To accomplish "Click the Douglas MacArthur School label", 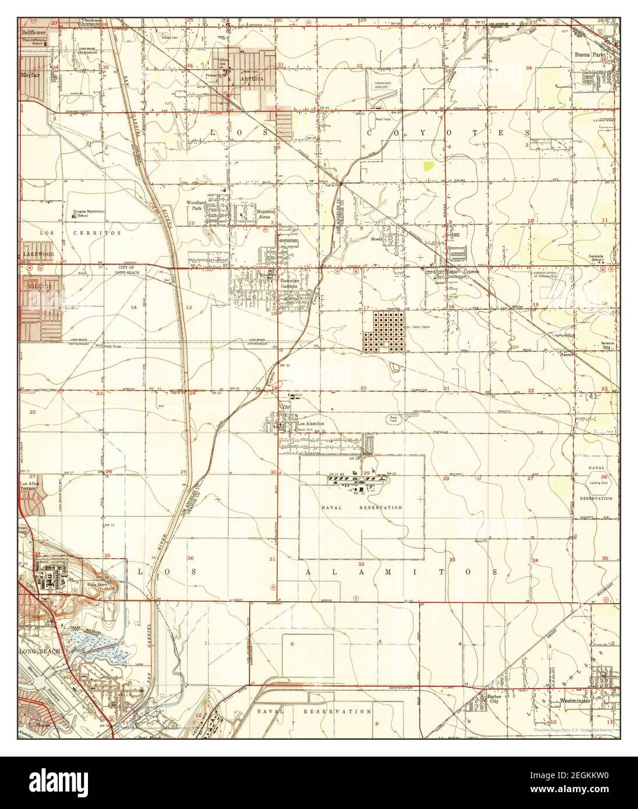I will (x=89, y=213).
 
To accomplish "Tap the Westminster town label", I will (x=572, y=702).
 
